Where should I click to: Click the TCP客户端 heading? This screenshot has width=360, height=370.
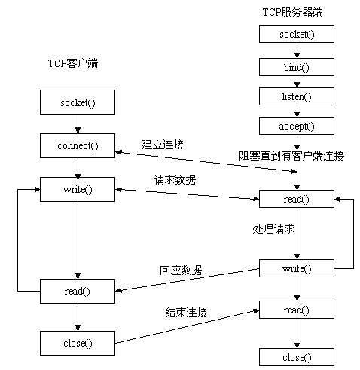(68, 64)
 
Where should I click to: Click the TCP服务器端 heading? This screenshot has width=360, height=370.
(297, 12)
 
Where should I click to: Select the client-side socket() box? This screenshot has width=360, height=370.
(77, 102)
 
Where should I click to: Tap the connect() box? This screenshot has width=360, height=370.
(77, 145)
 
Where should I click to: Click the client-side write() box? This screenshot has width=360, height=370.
(77, 188)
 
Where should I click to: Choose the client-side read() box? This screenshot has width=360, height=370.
(77, 291)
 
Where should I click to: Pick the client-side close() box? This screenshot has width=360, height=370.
(77, 343)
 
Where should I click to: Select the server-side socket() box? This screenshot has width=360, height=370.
(297, 35)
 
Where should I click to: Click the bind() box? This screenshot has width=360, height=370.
(297, 66)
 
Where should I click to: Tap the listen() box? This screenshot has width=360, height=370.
(297, 96)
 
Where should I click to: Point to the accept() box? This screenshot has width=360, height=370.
(297, 127)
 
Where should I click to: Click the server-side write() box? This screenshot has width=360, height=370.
(297, 268)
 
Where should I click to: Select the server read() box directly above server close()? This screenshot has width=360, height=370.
(297, 310)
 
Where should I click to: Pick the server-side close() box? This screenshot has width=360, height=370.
(297, 356)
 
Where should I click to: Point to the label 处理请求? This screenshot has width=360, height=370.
(273, 227)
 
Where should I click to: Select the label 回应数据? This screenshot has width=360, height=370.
(181, 270)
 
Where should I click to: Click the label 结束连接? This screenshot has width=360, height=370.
(186, 311)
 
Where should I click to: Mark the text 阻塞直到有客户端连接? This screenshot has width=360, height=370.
(291, 156)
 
